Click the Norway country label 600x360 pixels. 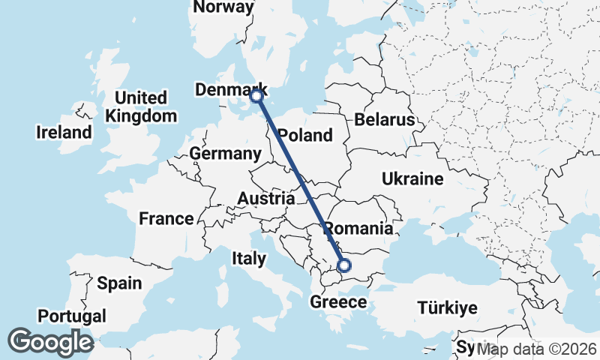pos(223,7)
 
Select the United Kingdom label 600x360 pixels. pos(141,107)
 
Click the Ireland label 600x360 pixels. pos(64,133)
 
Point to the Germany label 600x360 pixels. pos(225,154)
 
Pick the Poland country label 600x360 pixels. pos(304,136)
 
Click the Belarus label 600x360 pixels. pos(385,120)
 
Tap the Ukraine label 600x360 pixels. pos(412,179)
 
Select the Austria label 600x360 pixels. pos(266,199)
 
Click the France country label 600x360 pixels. pos(166,219)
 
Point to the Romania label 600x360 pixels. pos(358,229)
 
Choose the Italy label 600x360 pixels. pos(249,259)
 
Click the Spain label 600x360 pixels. pos(119,283)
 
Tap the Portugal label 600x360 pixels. pos(72,316)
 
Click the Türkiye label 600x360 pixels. pos(448,308)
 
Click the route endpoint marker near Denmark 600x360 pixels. pos(256,96)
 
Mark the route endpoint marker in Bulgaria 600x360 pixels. pos(344,265)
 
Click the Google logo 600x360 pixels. pos(50,342)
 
